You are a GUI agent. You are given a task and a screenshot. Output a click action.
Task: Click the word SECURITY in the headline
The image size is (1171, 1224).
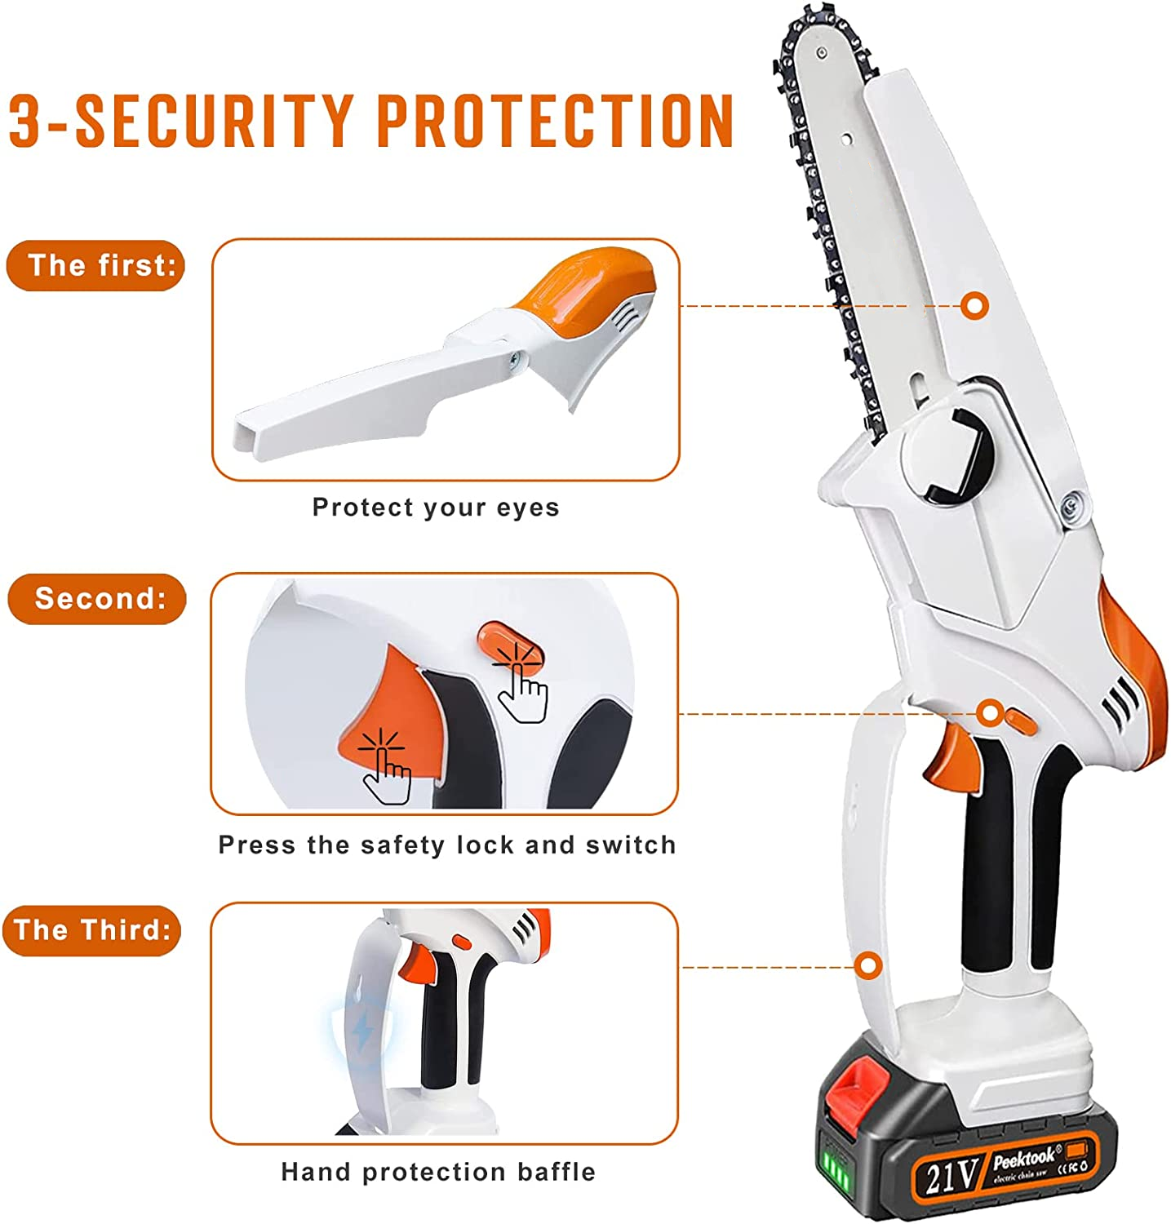click(x=215, y=121)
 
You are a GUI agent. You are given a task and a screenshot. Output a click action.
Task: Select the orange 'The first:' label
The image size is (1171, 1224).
click(x=96, y=265)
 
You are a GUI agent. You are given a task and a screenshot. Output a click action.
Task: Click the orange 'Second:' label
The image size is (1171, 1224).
click(x=97, y=599)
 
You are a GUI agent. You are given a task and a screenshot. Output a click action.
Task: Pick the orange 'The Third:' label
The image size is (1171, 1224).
click(x=91, y=930)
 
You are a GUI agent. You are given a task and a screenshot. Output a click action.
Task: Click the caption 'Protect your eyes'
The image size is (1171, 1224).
click(x=436, y=508)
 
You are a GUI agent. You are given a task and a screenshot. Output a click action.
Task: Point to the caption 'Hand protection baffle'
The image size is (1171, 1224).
click(x=438, y=1173)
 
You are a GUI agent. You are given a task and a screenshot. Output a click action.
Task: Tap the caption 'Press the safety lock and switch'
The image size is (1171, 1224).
click(x=447, y=845)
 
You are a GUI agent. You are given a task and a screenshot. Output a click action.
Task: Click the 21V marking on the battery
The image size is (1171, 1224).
click(x=951, y=1176)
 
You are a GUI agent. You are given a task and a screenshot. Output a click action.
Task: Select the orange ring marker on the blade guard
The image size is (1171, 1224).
click(x=974, y=306)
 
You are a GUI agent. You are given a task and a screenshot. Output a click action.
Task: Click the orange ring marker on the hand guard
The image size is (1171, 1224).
click(x=869, y=966)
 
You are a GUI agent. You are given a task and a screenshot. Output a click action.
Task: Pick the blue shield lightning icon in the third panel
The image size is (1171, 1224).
click(x=360, y=1030)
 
